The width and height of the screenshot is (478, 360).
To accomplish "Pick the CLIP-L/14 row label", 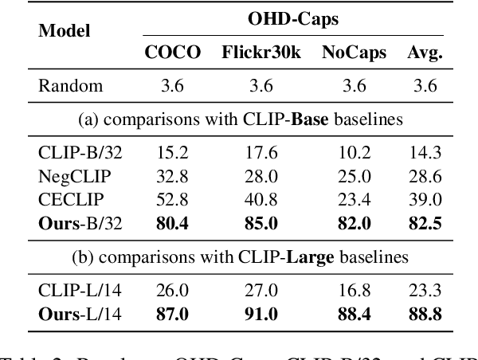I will pos(74,267).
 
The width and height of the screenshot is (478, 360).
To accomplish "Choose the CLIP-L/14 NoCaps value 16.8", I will pos(355,267).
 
